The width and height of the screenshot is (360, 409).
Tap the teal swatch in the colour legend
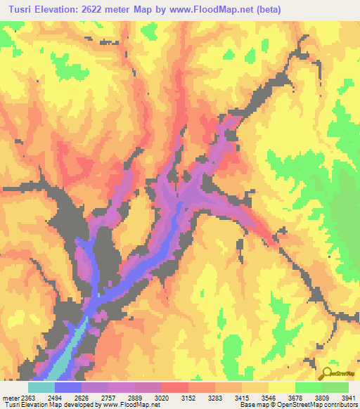click(41, 388)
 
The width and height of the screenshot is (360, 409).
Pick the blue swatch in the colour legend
click(68, 388)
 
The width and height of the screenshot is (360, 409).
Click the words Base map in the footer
click(252, 404)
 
